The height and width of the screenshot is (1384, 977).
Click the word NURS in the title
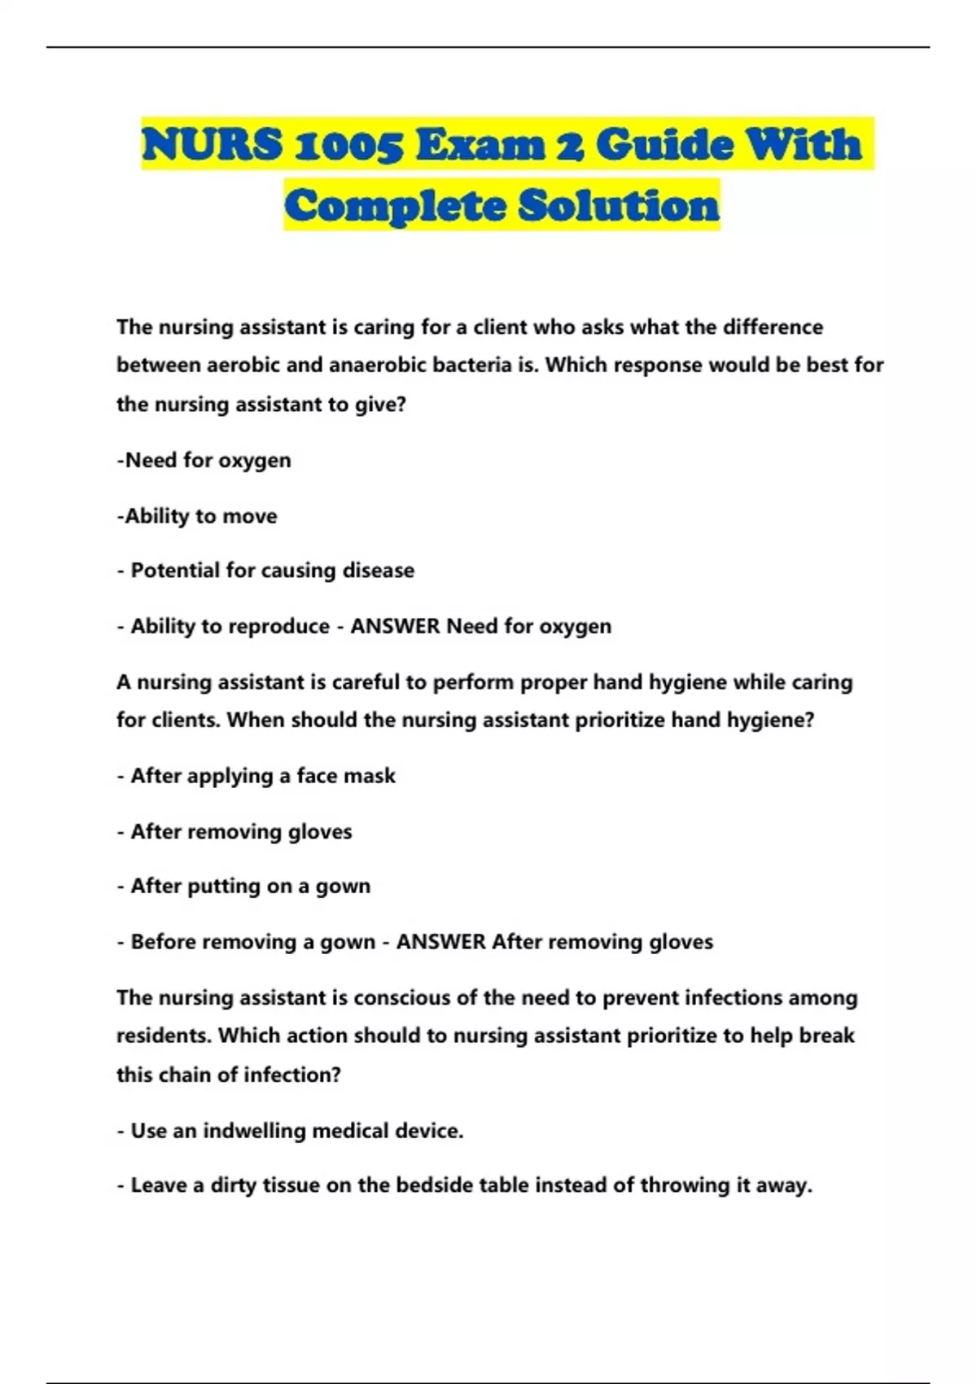(x=212, y=145)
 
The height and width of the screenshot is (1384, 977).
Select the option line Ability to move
(x=197, y=516)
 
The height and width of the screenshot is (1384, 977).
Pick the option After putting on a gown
(x=250, y=887)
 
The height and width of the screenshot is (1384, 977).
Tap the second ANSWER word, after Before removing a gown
(x=440, y=942)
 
